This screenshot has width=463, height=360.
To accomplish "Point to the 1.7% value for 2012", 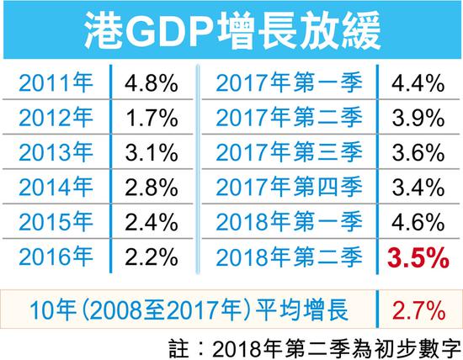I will [151, 120].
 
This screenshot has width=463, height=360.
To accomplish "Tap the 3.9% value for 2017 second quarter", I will [412, 120].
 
